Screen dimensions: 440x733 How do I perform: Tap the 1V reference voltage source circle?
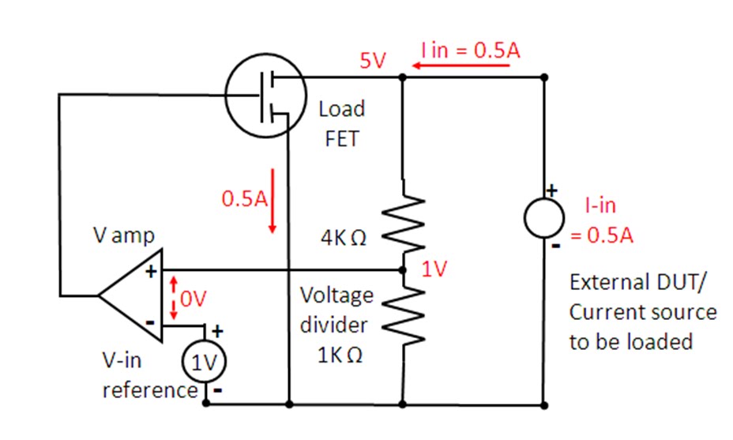[x=205, y=364]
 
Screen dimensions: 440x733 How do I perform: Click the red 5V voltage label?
[x=372, y=62]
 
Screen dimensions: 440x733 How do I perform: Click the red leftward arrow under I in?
[x=460, y=66]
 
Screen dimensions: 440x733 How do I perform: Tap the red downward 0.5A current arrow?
[x=273, y=201]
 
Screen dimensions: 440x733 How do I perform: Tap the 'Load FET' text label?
[x=341, y=124]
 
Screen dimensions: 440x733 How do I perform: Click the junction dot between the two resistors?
[x=403, y=270]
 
